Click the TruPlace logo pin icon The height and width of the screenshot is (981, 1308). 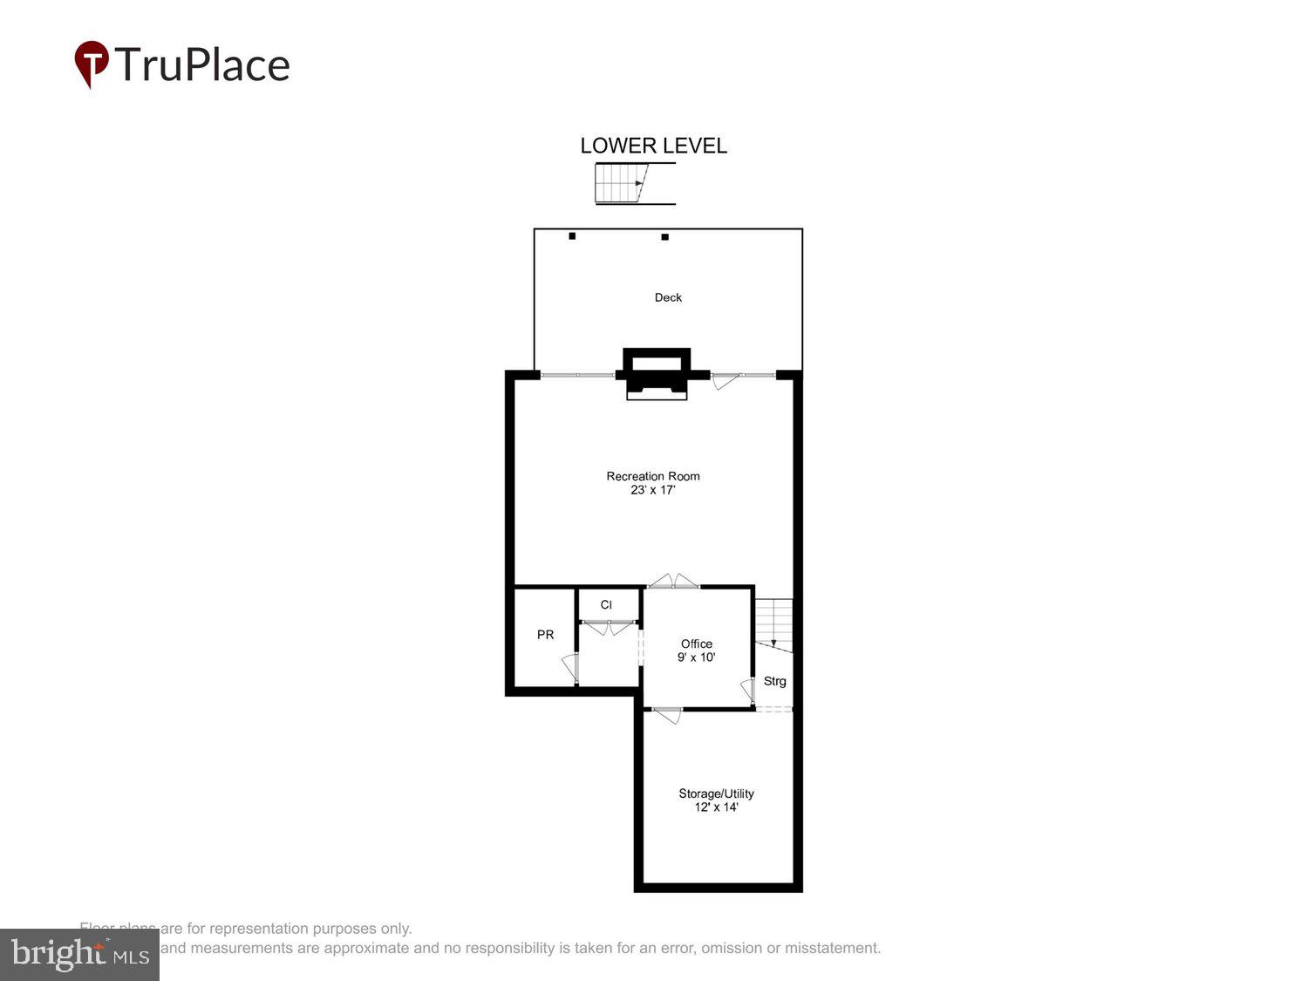91,64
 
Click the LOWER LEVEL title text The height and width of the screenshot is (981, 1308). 653,146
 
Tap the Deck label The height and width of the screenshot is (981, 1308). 668,297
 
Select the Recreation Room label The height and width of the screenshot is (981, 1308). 653,476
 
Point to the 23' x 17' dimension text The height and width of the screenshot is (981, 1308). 653,490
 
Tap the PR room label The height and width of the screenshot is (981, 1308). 545,635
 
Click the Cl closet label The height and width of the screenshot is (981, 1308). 606,605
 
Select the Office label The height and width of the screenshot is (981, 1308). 697,644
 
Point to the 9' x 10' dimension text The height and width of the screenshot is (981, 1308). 697,657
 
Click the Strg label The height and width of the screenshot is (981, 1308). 774,681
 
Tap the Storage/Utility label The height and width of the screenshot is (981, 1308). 716,794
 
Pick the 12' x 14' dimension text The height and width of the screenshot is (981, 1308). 716,807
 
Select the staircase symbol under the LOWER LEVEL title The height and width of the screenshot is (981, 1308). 621,183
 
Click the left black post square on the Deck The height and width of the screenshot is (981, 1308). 572,236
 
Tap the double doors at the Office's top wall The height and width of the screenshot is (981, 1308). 673,582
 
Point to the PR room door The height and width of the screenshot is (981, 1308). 571,668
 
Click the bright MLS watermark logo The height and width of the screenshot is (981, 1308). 79,955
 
